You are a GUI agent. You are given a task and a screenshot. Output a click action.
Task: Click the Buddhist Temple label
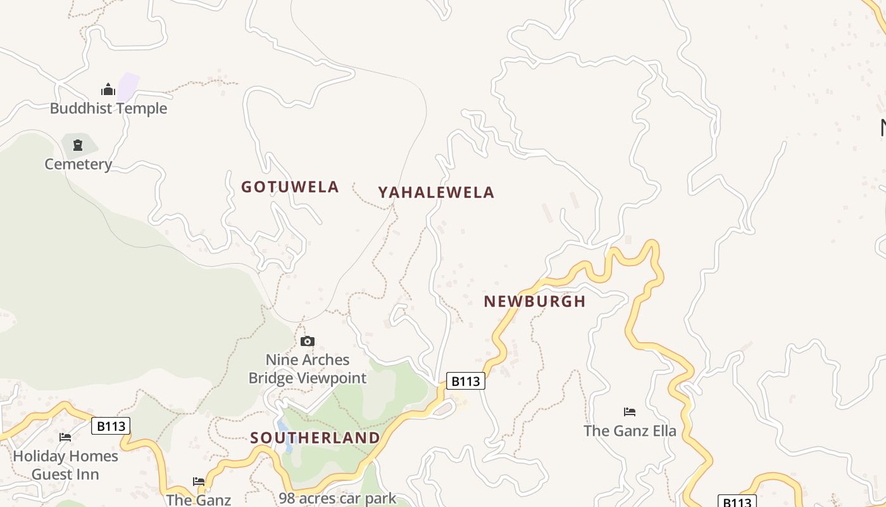tap(108, 108)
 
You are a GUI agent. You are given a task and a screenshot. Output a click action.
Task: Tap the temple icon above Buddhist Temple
tap(108, 89)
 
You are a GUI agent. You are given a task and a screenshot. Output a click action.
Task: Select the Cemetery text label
tap(78, 164)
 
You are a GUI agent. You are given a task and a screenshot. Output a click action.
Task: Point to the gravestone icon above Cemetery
tap(78, 145)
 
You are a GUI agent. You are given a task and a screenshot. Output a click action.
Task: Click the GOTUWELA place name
tap(290, 187)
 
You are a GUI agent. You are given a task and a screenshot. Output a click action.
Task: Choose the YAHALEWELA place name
tap(436, 193)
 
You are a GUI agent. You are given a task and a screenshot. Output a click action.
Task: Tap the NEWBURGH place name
tap(535, 302)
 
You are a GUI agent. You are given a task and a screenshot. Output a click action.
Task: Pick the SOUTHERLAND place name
tap(315, 438)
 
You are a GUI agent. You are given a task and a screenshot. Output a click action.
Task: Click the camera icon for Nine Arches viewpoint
tap(308, 342)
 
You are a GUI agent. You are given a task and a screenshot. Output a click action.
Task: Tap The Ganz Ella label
tap(630, 431)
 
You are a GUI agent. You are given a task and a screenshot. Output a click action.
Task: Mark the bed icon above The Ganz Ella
tap(630, 412)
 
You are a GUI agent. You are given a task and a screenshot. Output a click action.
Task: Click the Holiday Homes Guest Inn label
tap(65, 465)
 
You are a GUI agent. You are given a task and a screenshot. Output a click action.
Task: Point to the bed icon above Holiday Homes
tap(65, 437)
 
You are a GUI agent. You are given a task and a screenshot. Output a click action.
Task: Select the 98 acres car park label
tap(337, 498)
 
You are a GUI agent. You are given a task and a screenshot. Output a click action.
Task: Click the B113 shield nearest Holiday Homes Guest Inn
tap(111, 426)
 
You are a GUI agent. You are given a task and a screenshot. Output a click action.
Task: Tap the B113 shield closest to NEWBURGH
tap(466, 381)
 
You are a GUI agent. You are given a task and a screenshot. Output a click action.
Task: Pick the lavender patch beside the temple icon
tap(128, 86)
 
